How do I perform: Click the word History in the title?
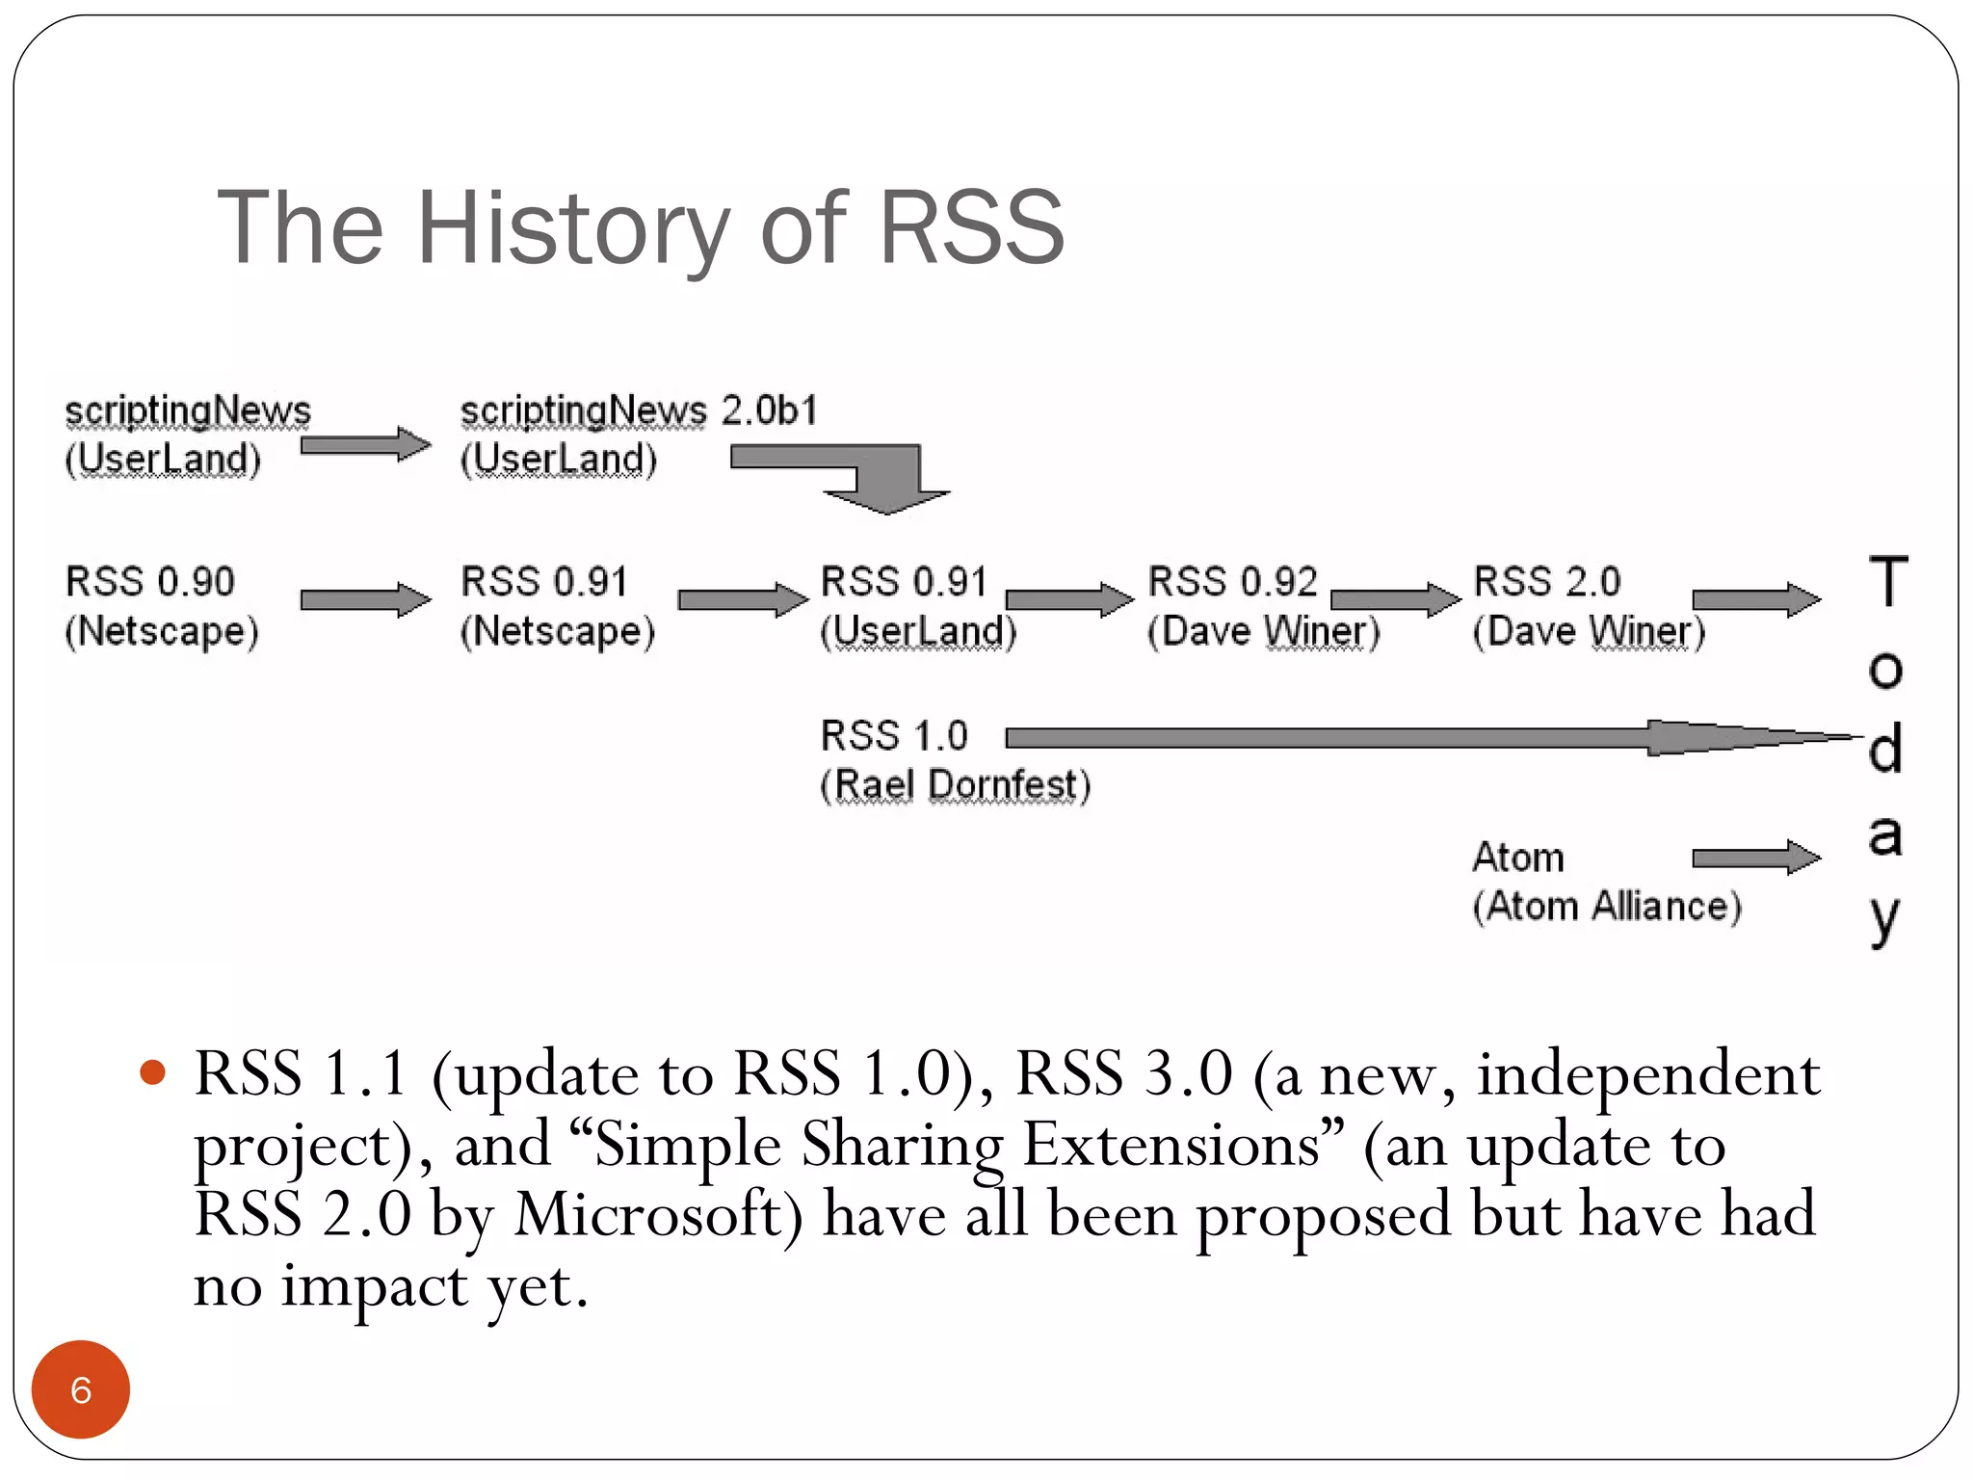click(572, 228)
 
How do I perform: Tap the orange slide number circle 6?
click(81, 1389)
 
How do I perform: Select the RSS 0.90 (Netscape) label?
click(161, 606)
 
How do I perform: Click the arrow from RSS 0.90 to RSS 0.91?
click(364, 600)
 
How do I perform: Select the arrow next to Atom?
click(1755, 858)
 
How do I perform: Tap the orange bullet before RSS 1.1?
click(153, 1071)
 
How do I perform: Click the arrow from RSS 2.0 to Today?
click(1755, 599)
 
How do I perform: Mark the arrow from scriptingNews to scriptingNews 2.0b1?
click(364, 445)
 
